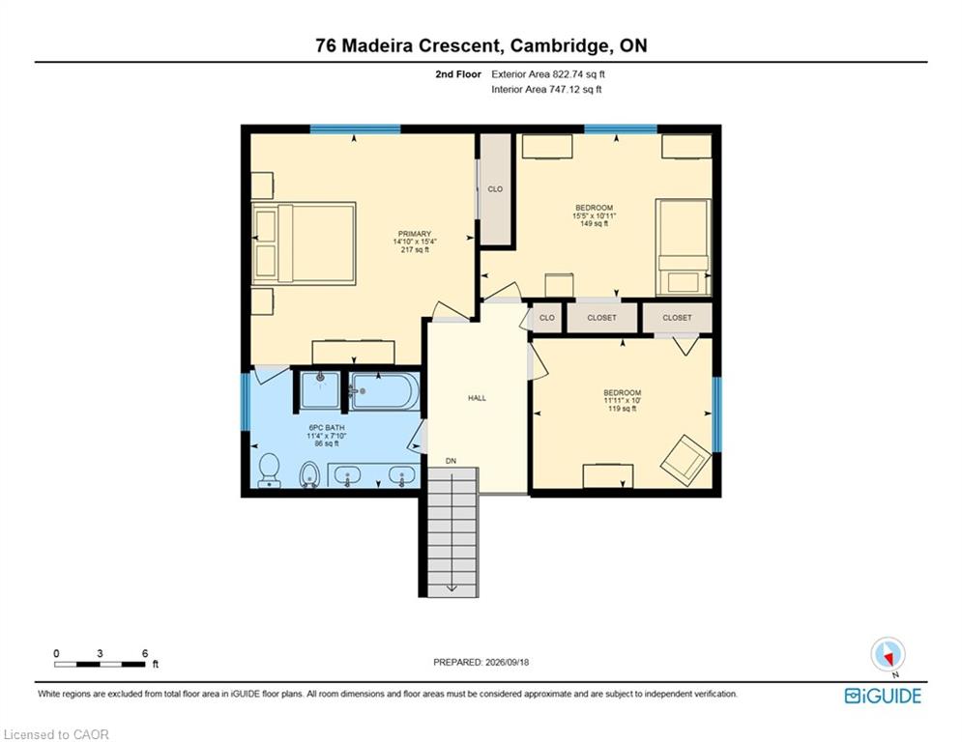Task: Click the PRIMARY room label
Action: click(415, 234)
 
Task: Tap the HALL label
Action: click(477, 398)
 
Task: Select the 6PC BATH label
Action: click(327, 427)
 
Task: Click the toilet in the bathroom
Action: click(270, 470)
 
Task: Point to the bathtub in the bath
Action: click(385, 390)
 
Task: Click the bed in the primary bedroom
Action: click(304, 243)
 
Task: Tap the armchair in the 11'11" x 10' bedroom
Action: click(685, 458)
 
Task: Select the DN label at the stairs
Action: click(451, 461)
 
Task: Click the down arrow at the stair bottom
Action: click(452, 586)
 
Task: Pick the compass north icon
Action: click(888, 655)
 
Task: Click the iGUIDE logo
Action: click(883, 696)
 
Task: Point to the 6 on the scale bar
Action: click(145, 653)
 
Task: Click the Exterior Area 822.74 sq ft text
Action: click(548, 74)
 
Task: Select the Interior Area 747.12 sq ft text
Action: click(546, 90)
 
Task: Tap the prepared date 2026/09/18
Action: click(507, 662)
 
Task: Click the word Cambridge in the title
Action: click(556, 45)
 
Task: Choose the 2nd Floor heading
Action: click(458, 74)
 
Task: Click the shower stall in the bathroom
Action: click(319, 388)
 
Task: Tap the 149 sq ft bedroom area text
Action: click(594, 224)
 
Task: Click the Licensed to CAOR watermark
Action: click(56, 734)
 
